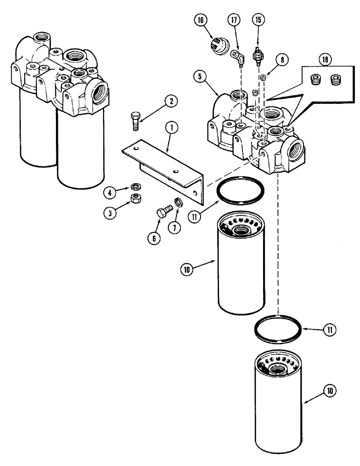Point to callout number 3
[x=110, y=213]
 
